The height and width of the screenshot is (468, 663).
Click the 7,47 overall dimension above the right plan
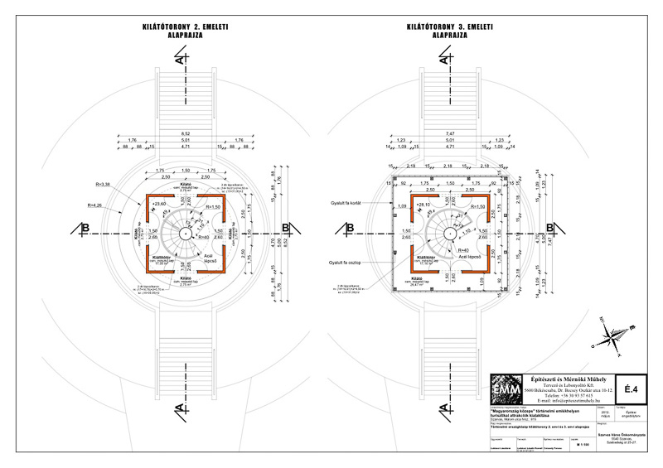(x=450, y=133)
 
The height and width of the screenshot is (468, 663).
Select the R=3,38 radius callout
(x=104, y=184)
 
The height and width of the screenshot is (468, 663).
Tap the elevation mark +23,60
(x=157, y=203)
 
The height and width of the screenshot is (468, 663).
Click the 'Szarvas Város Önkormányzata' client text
(x=612, y=422)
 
